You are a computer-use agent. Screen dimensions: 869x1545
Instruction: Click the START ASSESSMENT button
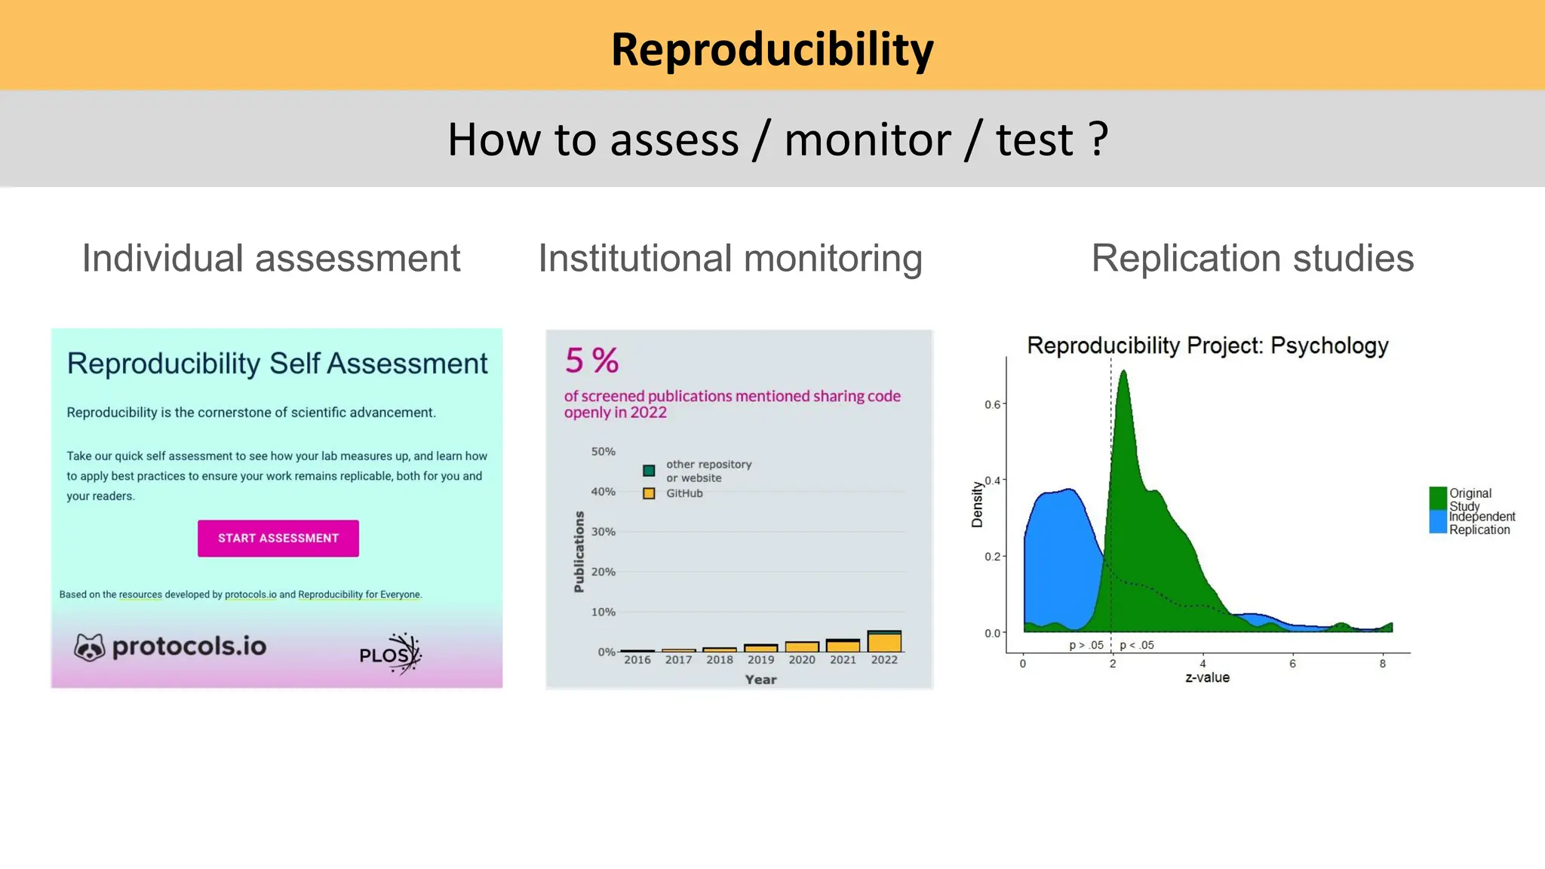(x=278, y=538)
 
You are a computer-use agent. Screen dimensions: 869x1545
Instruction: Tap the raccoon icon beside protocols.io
(x=89, y=647)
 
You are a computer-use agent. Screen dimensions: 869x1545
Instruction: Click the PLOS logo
(x=390, y=654)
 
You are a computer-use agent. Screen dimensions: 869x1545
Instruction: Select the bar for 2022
(x=884, y=642)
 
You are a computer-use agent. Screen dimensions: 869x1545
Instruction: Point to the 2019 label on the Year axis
(x=760, y=660)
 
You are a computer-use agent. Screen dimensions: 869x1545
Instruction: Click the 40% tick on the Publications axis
(x=603, y=492)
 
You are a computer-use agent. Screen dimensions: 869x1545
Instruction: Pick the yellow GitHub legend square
(x=649, y=493)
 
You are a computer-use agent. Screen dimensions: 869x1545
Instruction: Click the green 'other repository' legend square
(x=649, y=471)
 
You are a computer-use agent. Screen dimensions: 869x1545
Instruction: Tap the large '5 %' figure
(x=592, y=361)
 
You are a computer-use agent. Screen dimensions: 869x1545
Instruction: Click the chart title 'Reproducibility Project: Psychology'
(x=1207, y=345)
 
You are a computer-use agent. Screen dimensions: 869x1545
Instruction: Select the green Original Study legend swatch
(x=1437, y=498)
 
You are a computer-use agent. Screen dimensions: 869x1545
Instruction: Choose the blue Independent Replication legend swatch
(x=1437, y=522)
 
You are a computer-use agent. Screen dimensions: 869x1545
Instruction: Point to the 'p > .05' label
(x=1086, y=645)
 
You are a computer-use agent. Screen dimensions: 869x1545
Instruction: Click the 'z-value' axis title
(x=1207, y=677)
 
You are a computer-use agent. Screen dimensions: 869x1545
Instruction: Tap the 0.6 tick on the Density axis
(x=992, y=404)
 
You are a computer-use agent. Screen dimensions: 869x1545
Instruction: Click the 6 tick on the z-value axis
(x=1292, y=664)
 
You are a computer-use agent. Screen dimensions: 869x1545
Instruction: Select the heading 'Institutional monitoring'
(x=729, y=259)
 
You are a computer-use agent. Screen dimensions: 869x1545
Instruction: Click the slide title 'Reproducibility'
(x=772, y=50)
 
